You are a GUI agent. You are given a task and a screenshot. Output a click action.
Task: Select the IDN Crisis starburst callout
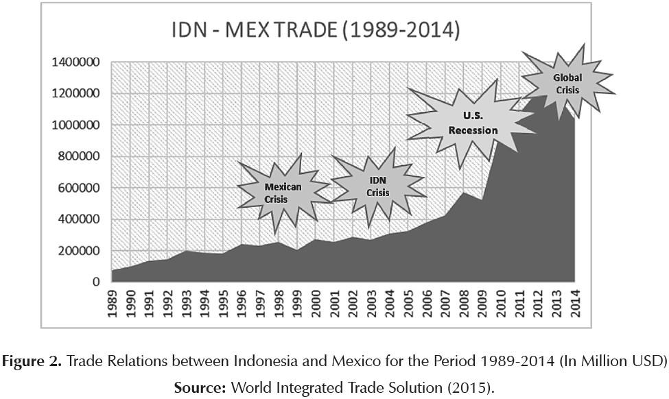pos(378,186)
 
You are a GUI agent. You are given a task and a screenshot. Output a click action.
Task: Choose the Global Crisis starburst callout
pos(567,84)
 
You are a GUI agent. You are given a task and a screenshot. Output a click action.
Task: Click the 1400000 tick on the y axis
pos(77,62)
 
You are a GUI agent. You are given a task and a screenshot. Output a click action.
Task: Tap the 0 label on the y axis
pos(97,282)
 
